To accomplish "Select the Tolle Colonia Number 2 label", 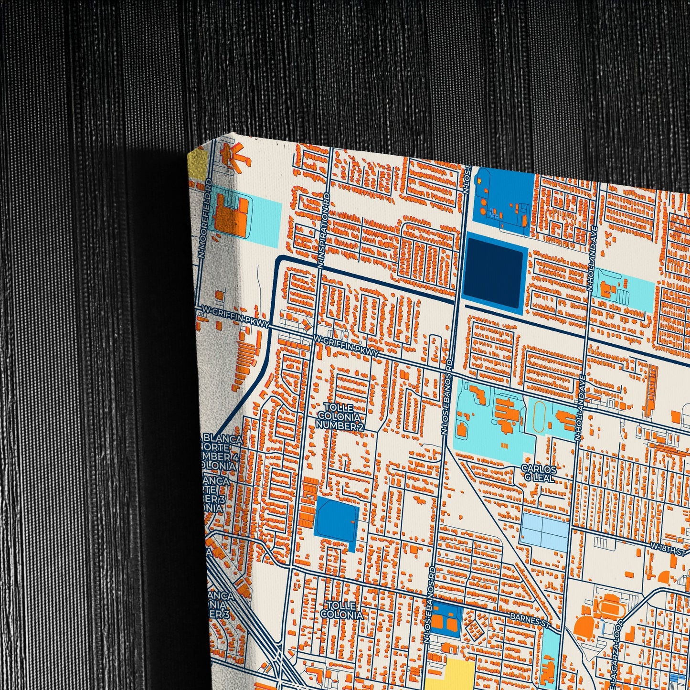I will (x=339, y=417).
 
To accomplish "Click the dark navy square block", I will (x=494, y=273).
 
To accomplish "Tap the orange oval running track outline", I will (x=540, y=416).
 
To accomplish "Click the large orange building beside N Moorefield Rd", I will (x=231, y=214).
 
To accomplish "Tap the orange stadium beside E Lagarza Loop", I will (x=609, y=607).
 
